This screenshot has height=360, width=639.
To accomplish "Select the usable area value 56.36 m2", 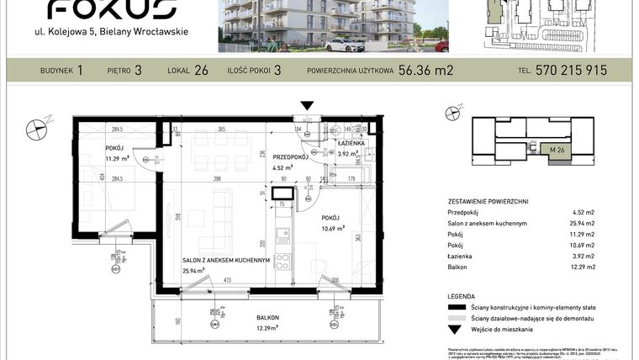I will (x=425, y=71).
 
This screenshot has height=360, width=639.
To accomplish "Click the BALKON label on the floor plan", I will (x=267, y=317).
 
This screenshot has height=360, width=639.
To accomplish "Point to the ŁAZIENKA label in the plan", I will (x=350, y=144).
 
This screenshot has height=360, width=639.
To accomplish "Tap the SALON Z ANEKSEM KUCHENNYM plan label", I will (x=225, y=261).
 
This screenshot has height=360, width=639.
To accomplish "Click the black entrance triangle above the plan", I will (x=307, y=106).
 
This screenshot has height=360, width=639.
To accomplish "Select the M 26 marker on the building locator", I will (x=555, y=151).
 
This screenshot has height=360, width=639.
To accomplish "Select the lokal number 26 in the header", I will (x=201, y=71).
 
